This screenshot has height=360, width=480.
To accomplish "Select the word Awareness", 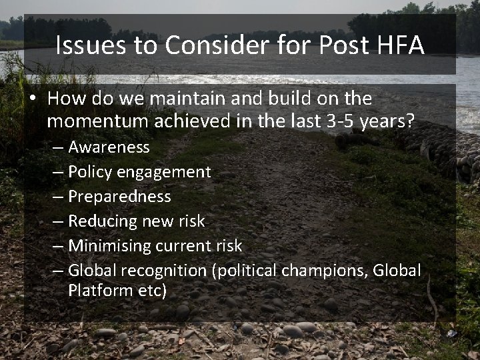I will pos(109,147).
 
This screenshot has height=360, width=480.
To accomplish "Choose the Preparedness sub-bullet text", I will pos(119,197).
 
